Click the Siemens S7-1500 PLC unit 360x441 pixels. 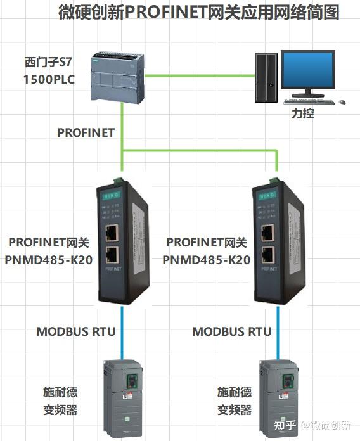(114, 74)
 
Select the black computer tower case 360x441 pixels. (266, 77)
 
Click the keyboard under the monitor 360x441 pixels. (309, 101)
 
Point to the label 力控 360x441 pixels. (302, 115)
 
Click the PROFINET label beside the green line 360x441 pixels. (86, 132)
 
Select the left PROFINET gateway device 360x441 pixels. (123, 241)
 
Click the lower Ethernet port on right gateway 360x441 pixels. (269, 255)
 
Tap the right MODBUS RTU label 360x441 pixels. (232, 331)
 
